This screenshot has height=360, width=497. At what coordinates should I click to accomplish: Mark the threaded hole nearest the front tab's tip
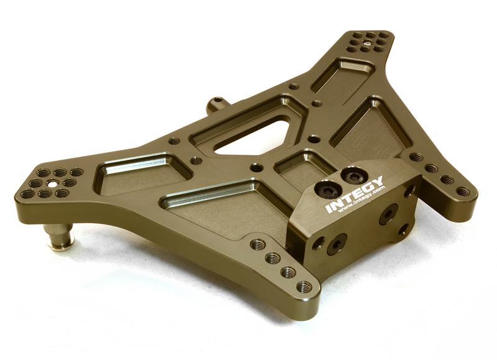pyautogui.click(x=304, y=287)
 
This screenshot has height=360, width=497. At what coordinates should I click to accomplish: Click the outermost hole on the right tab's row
pyautogui.click(x=463, y=192)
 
